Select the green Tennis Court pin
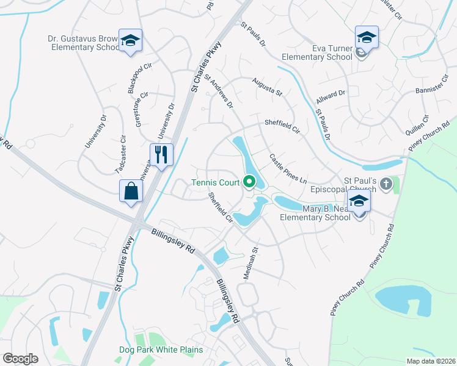point(249,182)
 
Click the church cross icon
point(386,183)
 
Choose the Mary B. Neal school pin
point(359,202)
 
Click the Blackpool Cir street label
point(139,77)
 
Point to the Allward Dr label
point(331,96)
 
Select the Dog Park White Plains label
point(161,350)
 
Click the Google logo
point(21,359)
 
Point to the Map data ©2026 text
point(430,361)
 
